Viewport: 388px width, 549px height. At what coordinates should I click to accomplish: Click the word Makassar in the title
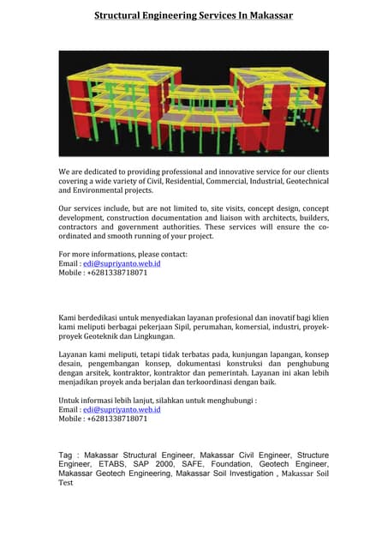tap(265, 15)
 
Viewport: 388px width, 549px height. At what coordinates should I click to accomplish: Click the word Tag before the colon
tap(65, 454)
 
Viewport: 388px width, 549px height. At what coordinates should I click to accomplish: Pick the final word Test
tap(65, 483)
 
